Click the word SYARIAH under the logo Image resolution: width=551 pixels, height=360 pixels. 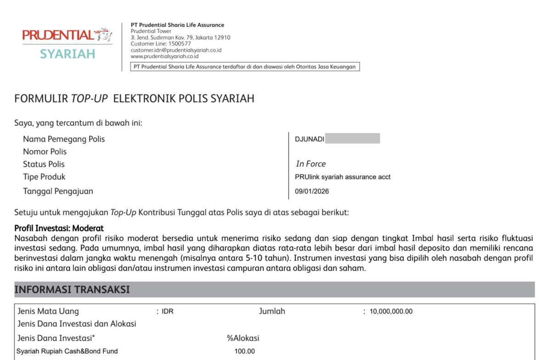pos(67,54)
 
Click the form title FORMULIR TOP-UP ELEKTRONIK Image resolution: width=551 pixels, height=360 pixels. pos(134,98)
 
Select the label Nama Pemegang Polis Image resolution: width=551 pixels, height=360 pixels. pos(64,139)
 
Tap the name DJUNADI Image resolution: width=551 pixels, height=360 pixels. pos(309,139)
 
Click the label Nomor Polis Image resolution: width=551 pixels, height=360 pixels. pos(45,152)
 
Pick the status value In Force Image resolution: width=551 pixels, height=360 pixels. pos(310,164)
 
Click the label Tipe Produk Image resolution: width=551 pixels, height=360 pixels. pos(44,177)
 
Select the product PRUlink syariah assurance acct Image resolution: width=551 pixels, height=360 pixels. pos(343,177)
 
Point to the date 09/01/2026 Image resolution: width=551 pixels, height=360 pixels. pos(312,191)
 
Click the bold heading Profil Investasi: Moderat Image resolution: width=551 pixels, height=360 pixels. pos(59,228)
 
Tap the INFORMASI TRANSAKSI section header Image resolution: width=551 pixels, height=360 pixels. pos(72,290)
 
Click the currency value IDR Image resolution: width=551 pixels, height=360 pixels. pos(168,312)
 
